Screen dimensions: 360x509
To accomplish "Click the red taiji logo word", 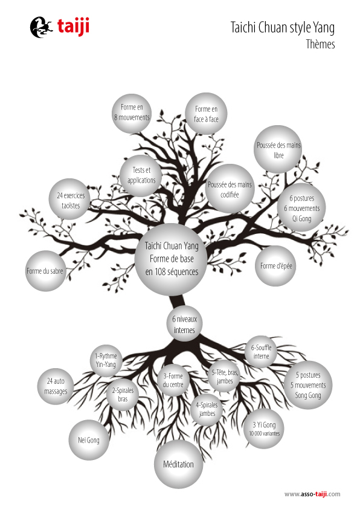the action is tap(73, 27).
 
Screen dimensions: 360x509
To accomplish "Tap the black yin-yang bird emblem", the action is tap(41, 27).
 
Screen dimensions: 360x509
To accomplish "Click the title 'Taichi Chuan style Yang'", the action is tap(283, 28).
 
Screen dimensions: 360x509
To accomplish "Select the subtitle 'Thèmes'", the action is tap(320, 44).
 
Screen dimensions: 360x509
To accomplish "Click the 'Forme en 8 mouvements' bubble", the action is tap(132, 113).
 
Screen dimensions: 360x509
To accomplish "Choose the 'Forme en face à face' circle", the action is tap(206, 114).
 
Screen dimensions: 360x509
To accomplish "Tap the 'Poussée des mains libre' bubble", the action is tap(278, 149).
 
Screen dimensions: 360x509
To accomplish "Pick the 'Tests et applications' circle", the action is tap(141, 176).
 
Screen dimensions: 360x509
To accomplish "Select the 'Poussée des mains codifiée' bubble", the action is tap(230, 189).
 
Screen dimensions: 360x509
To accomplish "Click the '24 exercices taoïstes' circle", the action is tap(69, 199).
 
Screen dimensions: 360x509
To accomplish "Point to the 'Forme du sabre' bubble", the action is tap(45, 271).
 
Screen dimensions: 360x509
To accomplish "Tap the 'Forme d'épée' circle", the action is tap(275, 266).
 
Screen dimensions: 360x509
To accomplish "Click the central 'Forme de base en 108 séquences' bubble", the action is tap(172, 259).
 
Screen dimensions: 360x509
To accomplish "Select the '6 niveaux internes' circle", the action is tap(185, 323).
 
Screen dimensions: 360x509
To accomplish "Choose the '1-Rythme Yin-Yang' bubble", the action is tap(106, 360).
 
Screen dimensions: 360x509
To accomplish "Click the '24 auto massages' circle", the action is tap(56, 386).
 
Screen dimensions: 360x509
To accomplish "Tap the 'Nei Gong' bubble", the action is tap(89, 440).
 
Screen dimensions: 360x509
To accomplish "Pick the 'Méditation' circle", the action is tap(178, 464).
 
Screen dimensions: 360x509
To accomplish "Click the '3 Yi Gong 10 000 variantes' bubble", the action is tap(264, 429).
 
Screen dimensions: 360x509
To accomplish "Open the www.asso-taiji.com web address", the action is tap(312, 494).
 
